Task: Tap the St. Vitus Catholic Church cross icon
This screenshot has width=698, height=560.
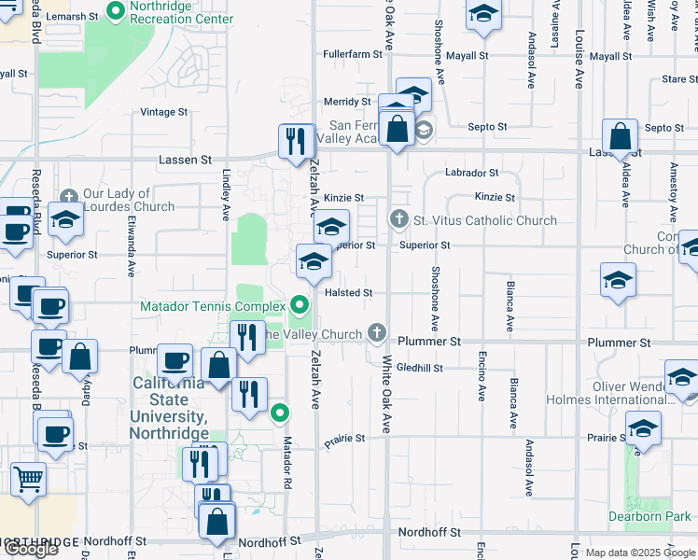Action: tap(398, 220)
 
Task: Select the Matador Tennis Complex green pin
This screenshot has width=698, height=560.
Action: tap(300, 304)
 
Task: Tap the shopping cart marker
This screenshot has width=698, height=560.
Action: tap(29, 480)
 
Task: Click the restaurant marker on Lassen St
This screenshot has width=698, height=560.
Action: tap(296, 142)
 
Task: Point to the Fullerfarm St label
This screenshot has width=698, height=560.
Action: tap(348, 55)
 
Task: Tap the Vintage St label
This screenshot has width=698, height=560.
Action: tap(163, 112)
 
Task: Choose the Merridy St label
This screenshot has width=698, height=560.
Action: tap(347, 102)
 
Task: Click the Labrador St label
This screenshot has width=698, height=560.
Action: tap(471, 173)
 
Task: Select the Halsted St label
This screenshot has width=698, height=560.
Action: tap(349, 292)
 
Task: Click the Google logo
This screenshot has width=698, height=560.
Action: tap(30, 549)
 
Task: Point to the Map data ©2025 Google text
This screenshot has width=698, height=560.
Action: tap(639, 553)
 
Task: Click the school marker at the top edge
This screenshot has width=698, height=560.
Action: tap(482, 13)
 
